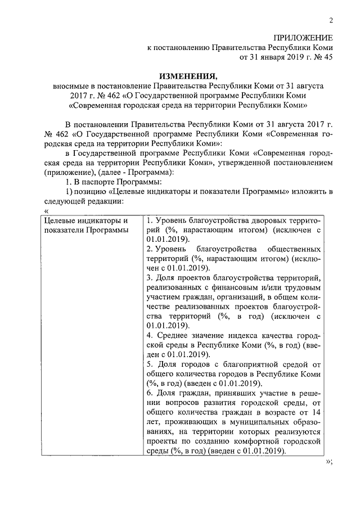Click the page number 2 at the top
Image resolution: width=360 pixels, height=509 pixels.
click(x=331, y=21)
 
